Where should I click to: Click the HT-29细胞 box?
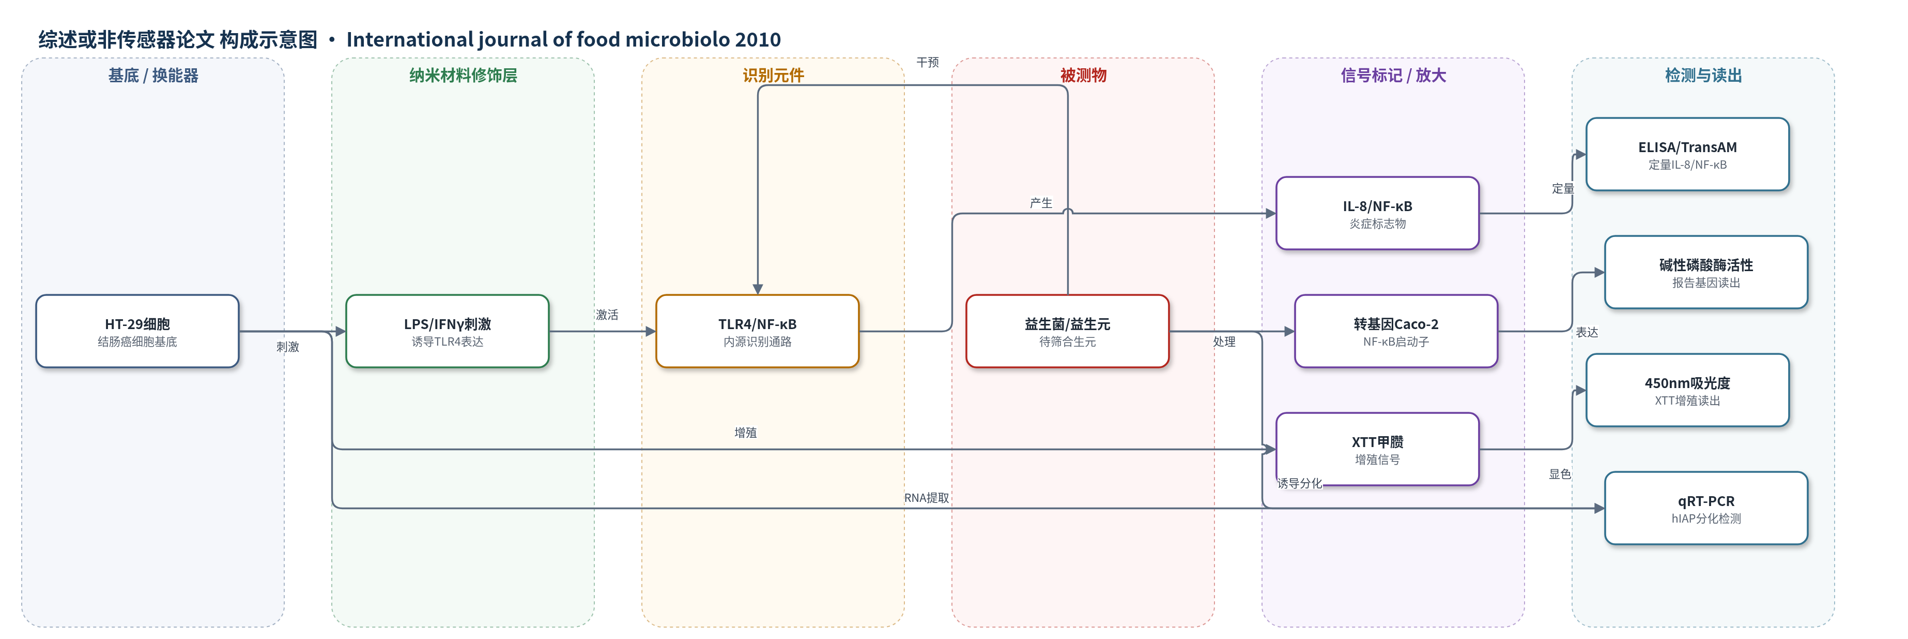click(x=137, y=331)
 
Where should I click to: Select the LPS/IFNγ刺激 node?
click(x=448, y=331)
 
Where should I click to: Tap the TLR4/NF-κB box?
click(x=757, y=331)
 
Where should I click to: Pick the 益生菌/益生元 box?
click(x=1067, y=331)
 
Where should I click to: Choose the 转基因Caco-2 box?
click(x=1396, y=331)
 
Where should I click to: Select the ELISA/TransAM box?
click(x=1687, y=154)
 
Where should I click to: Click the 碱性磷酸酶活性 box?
click(x=1706, y=272)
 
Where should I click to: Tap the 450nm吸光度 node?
click(x=1687, y=390)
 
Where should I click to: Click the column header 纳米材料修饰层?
click(x=463, y=76)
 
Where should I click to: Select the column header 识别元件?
click(x=773, y=76)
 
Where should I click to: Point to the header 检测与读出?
click(x=1703, y=76)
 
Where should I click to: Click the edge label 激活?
click(x=607, y=315)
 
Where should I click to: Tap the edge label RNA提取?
click(x=927, y=498)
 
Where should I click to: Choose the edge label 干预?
click(x=927, y=62)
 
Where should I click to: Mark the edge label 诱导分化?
click(x=1299, y=483)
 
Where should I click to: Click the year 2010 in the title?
click(x=757, y=39)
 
